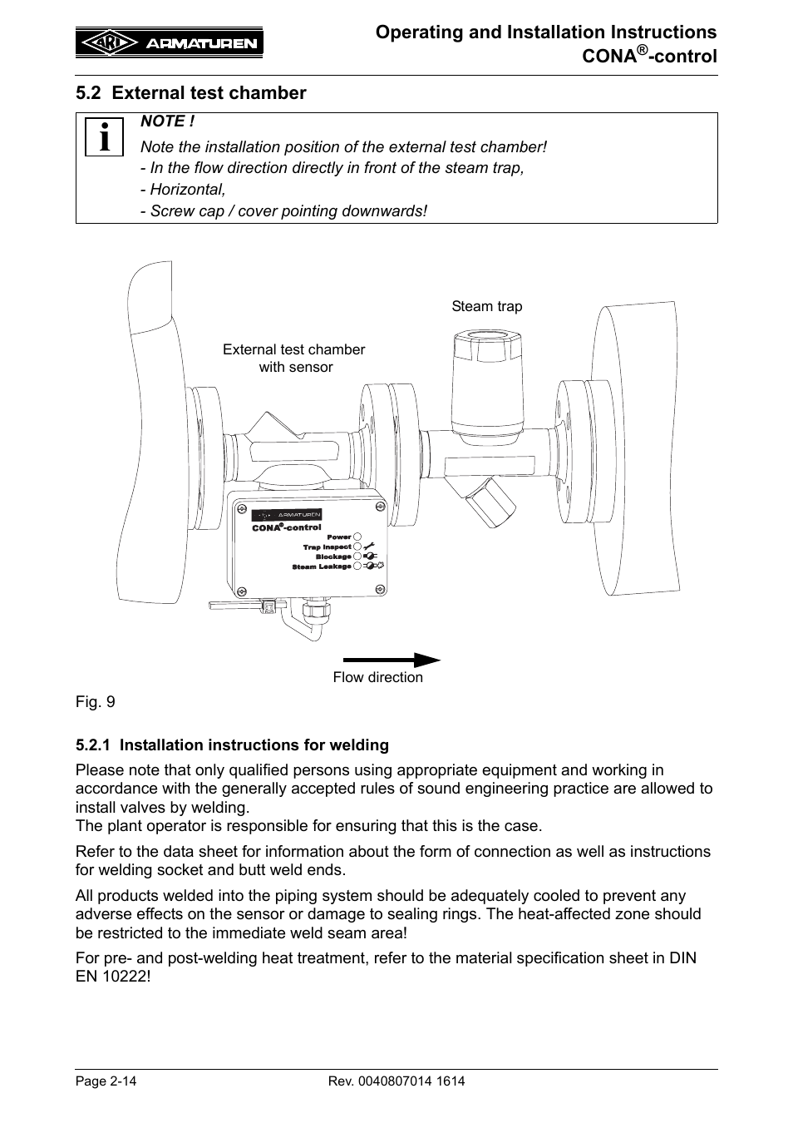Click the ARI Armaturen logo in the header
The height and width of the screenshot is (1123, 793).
pos(170,42)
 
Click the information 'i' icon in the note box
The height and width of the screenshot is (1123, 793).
pos(103,137)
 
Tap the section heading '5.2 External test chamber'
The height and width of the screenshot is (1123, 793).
pos(191,93)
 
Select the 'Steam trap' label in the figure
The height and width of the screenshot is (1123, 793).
pos(486,306)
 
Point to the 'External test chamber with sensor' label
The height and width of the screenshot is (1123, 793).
pos(293,359)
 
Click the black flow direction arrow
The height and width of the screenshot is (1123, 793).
pos(392,660)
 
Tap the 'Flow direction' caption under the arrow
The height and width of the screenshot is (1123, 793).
pos(377,677)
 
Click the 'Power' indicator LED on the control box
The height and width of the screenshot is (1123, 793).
pos(357,537)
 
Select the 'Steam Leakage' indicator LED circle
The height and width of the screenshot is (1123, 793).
pos(357,566)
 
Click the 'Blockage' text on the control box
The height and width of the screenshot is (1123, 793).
pos(333,557)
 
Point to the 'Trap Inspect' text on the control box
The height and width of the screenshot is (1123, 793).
pos(327,547)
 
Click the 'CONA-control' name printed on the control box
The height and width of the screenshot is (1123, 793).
pos(287,527)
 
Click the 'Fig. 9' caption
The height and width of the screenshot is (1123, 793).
pos(96,702)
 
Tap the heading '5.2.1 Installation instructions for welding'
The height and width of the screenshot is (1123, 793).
pos(232,745)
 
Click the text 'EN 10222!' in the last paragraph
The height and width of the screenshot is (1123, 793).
pos(113,976)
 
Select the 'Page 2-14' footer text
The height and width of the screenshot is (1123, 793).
pos(106,1081)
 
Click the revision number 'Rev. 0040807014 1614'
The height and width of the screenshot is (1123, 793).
pos(396,1081)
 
